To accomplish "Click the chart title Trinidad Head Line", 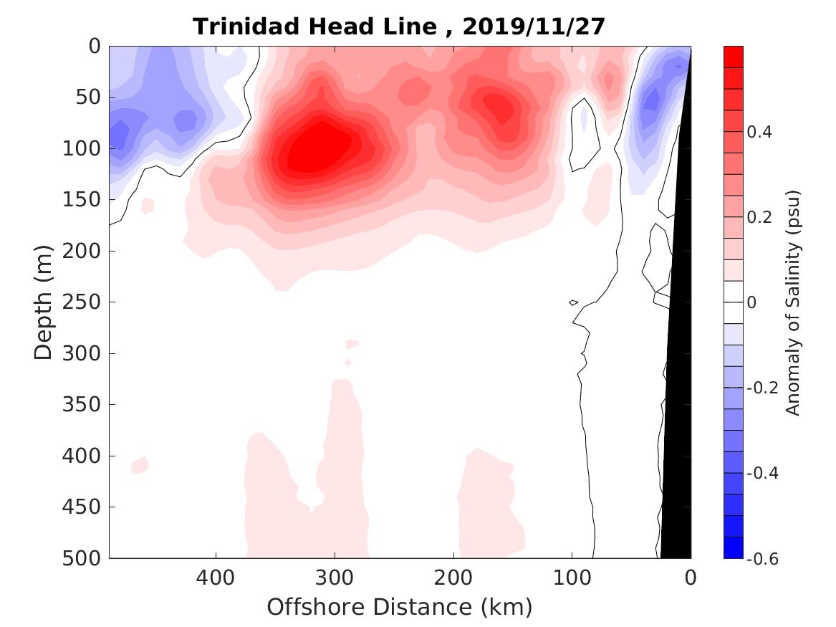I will coord(324,27).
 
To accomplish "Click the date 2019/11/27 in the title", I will coord(534,27).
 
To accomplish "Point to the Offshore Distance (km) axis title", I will coord(400,607).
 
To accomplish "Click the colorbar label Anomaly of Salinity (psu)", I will coord(792,302).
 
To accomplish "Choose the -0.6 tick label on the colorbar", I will coord(763,558).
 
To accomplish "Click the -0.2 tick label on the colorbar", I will coord(763,388).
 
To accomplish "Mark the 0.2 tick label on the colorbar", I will coord(761,217).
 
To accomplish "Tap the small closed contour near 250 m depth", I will coord(573,302).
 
